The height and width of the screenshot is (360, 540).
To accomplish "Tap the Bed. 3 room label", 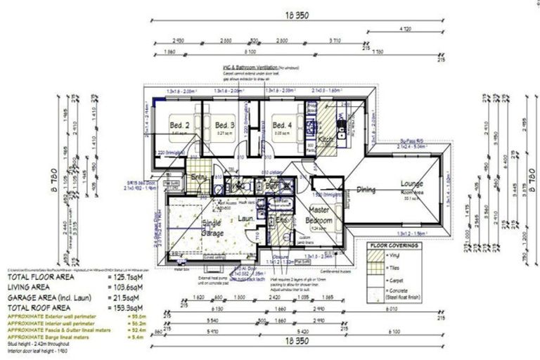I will coord(224,127).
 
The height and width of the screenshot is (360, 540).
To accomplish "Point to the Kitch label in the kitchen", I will coord(326,140).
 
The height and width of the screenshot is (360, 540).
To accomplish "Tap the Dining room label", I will coord(365,190).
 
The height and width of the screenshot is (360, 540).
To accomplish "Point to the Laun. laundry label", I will coord(246,219).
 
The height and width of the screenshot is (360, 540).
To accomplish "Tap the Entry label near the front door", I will coord(198,177).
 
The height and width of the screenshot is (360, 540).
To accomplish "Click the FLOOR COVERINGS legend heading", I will coord(394,246).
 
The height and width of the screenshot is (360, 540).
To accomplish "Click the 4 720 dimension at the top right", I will coord(405,29).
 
